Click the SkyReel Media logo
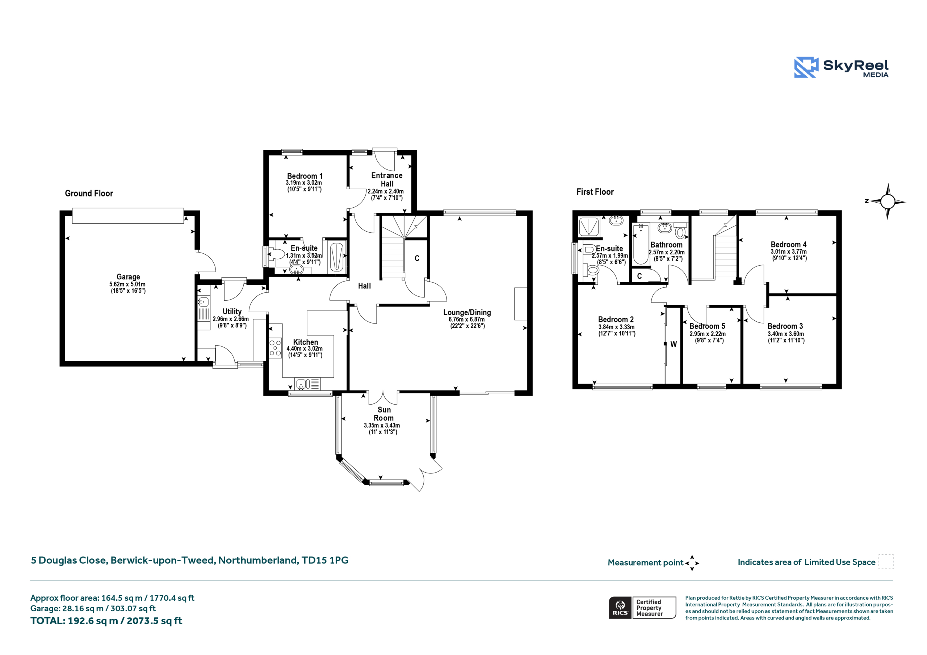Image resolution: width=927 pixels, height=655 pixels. (x=841, y=67)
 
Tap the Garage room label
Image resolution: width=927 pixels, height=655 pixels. (x=129, y=277)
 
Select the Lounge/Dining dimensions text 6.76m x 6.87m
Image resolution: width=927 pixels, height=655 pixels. (x=467, y=319)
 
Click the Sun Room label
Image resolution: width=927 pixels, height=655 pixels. (x=383, y=414)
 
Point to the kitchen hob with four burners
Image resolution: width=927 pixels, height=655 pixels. (x=275, y=348)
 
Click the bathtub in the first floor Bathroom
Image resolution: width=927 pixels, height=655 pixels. (x=640, y=244)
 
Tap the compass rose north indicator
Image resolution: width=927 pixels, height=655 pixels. (x=888, y=201)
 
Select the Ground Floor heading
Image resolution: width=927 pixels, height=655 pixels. (x=89, y=193)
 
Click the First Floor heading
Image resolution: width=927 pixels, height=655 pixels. (x=595, y=192)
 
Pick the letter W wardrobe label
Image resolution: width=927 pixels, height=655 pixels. (x=674, y=344)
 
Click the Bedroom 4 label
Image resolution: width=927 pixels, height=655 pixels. (x=789, y=245)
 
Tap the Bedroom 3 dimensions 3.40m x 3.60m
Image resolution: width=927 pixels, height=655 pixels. (x=786, y=334)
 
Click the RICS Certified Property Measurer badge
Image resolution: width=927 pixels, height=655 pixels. (x=642, y=607)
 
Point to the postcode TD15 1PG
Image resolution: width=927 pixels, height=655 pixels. (x=325, y=560)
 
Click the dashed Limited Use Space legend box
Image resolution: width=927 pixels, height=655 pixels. (x=886, y=561)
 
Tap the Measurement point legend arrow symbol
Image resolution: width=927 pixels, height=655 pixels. (x=692, y=563)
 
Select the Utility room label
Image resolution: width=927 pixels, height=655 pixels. (x=232, y=312)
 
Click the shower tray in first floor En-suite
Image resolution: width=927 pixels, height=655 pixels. (x=589, y=227)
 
